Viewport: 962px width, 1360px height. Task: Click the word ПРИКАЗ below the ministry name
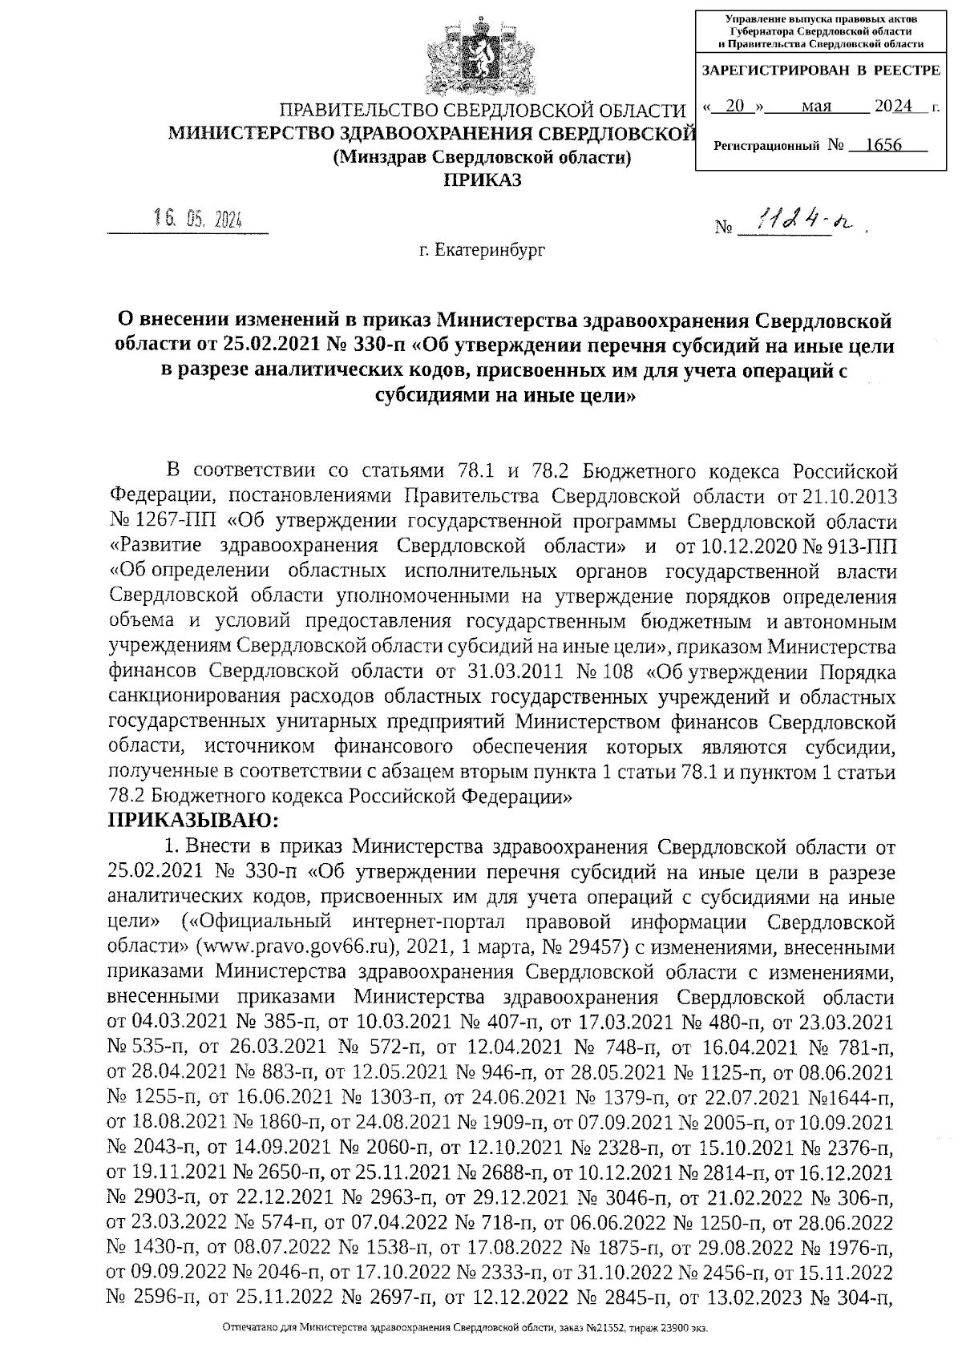[x=483, y=180]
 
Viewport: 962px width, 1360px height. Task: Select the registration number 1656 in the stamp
[x=878, y=145]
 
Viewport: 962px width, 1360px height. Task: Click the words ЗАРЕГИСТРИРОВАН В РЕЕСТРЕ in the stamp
[x=820, y=71]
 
